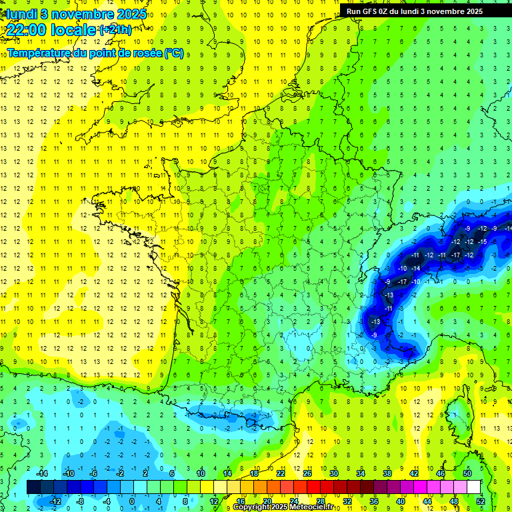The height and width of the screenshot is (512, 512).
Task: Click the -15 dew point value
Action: pyautogui.click(x=483, y=241)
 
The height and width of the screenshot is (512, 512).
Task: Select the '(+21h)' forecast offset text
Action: pyautogui.click(x=115, y=29)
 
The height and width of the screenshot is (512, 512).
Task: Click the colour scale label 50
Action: pyautogui.click(x=467, y=473)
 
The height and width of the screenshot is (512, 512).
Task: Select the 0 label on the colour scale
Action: pyautogui.click(x=131, y=501)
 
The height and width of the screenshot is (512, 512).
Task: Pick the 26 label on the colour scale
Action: pyautogui.click(x=307, y=473)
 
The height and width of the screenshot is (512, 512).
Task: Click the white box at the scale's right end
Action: pyautogui.click(x=473, y=487)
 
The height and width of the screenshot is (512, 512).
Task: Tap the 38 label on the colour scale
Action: pyautogui.click(x=387, y=473)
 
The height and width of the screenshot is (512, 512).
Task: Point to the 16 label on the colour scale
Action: pyautogui.click(x=241, y=501)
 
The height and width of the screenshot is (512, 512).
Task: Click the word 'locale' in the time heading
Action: pyautogui.click(x=73, y=30)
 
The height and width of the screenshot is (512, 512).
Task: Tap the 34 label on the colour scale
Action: pyautogui.click(x=361, y=473)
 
